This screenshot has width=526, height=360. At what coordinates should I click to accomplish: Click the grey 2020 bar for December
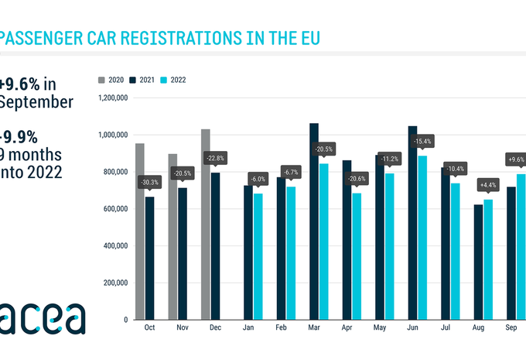pos(206,225)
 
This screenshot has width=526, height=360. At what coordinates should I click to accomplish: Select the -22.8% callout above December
pos(215,158)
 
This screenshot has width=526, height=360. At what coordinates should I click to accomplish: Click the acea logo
pos(43,317)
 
